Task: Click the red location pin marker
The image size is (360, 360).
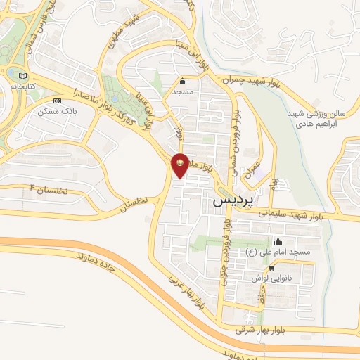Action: [x=180, y=164]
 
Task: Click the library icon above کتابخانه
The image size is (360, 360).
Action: [x=23, y=76]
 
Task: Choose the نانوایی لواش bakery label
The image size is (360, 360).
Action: [x=271, y=278]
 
